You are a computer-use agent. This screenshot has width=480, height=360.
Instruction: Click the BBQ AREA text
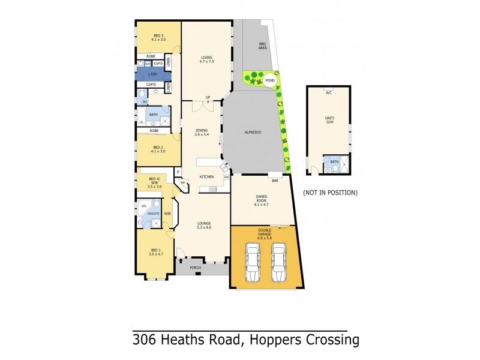pyautogui.click(x=262, y=46)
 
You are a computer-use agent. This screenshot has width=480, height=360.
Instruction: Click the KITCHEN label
pyautogui.click(x=207, y=177)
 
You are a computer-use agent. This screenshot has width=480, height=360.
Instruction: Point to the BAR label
pyautogui.click(x=275, y=180)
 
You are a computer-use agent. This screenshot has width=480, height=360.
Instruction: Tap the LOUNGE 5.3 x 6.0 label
pyautogui.click(x=203, y=226)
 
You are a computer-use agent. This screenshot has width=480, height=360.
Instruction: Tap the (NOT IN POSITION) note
pyautogui.click(x=330, y=193)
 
